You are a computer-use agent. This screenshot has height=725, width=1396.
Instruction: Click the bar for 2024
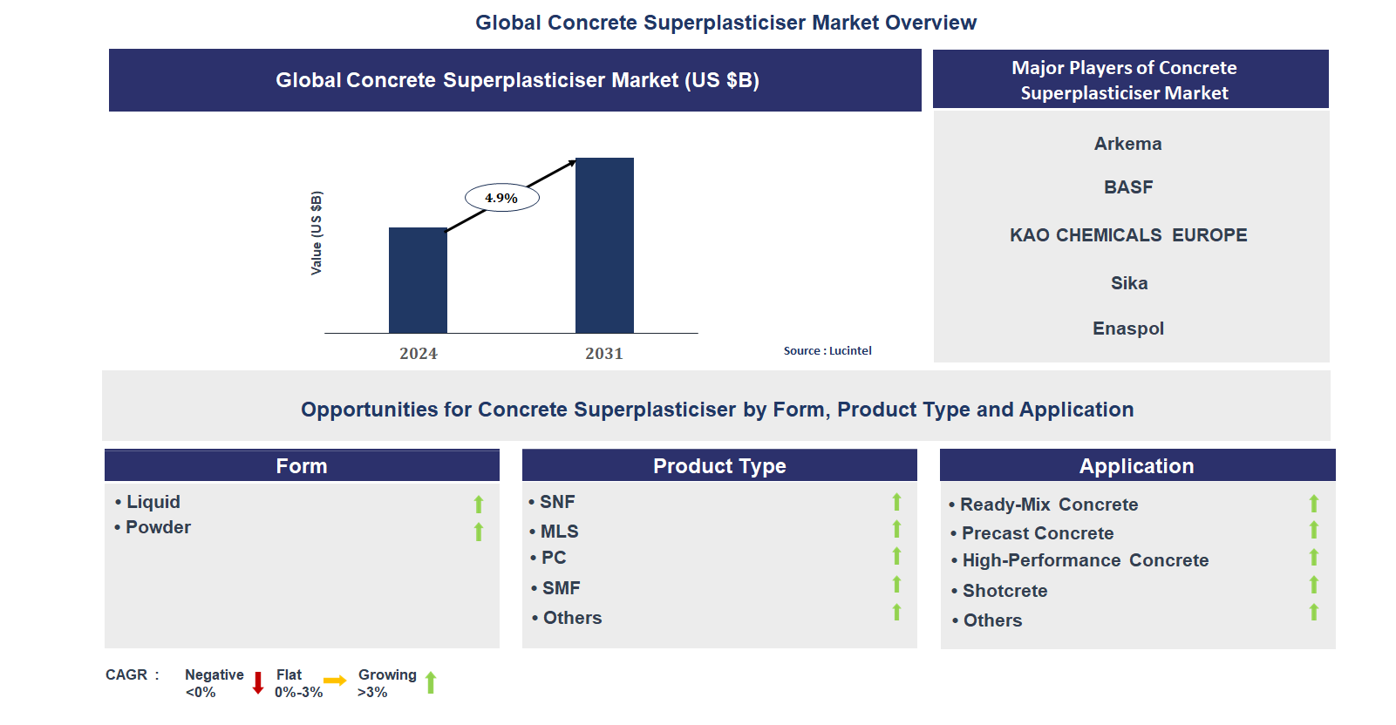418,280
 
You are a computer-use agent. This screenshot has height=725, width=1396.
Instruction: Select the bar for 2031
604,245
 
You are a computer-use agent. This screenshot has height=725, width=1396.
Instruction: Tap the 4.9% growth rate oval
501,198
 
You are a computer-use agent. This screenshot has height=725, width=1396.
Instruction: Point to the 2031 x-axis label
603,353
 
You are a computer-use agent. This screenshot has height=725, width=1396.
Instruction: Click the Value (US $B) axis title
317,233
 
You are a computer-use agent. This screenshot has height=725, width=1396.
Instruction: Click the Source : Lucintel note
827,350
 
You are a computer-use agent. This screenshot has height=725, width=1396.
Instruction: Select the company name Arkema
1127,144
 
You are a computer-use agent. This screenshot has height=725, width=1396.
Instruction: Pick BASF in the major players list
1127,187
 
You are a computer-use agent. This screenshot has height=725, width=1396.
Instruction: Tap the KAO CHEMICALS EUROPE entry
1127,235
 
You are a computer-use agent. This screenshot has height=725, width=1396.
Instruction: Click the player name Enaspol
1127,329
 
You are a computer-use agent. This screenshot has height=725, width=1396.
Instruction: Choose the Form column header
302,465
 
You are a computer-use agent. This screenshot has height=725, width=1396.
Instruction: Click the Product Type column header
719,465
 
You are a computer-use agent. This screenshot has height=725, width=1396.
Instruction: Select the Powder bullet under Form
158,527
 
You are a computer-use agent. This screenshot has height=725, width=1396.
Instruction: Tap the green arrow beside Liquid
478,504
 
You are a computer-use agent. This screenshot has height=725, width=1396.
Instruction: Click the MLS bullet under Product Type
559,531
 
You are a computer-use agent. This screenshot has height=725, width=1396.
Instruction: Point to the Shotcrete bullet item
1004,591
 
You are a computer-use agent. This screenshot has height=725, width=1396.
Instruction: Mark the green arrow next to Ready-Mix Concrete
1313,504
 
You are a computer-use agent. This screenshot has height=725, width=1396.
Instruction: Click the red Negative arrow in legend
258,682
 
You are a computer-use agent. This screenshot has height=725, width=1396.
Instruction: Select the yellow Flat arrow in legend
335,681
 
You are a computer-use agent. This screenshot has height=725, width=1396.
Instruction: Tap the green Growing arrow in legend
431,682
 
